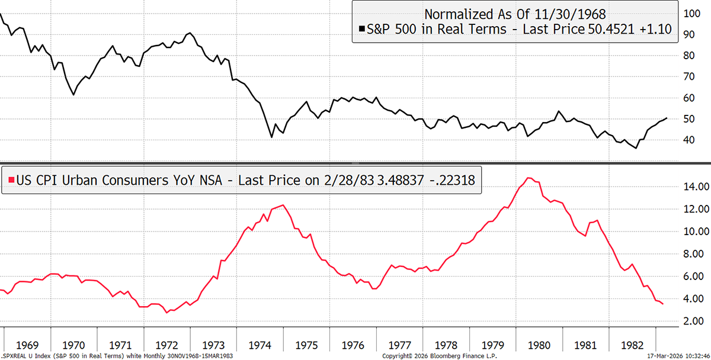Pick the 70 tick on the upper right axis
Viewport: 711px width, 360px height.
point(690,77)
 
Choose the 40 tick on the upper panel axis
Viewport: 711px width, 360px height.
point(690,140)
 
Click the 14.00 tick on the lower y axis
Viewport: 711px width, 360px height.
point(693,187)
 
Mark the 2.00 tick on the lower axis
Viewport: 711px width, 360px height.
point(693,321)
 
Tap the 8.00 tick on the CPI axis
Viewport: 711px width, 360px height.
point(693,254)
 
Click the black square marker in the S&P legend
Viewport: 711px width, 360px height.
point(361,29)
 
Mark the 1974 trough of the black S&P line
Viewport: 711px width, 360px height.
point(271,137)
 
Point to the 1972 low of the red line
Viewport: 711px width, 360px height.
point(168,311)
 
